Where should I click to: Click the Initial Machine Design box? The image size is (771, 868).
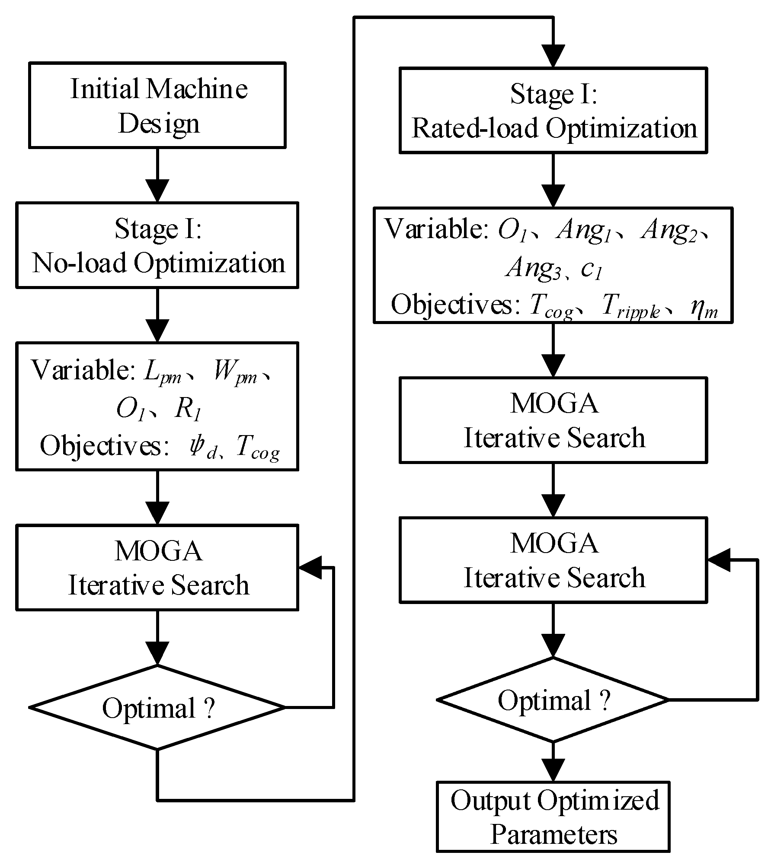pos(157,105)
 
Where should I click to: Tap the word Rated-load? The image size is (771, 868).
pos(474,128)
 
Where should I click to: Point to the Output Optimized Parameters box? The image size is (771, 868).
pos(553,817)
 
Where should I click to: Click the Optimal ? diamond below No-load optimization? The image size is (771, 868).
pos(157,707)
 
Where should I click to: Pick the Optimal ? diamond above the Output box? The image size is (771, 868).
pos(553,699)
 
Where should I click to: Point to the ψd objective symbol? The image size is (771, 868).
pos(201,447)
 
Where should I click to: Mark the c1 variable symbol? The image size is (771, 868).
pos(591,270)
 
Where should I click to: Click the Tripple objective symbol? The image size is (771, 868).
pos(631,306)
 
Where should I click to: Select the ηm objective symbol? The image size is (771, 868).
pos(704,308)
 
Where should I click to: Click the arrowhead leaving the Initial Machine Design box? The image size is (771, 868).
pos(157,191)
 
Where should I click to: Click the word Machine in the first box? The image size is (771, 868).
pos(197,89)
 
